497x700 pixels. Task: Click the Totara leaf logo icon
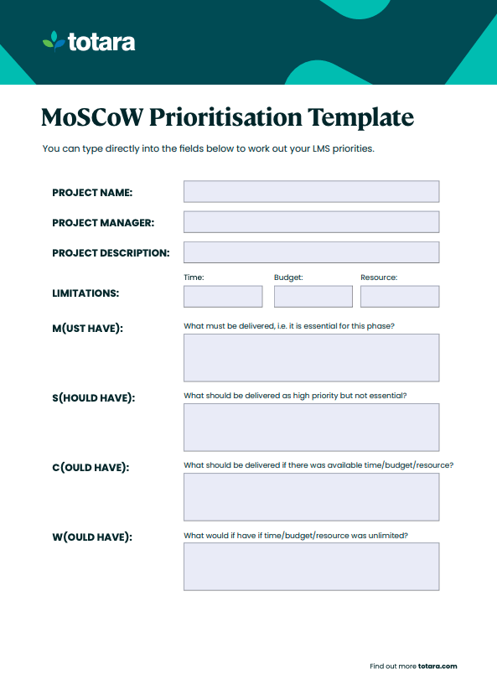tap(54, 41)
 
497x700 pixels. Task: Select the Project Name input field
tap(311, 192)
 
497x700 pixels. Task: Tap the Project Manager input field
tap(311, 222)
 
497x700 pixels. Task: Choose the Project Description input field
tap(311, 252)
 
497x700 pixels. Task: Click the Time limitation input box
tap(223, 297)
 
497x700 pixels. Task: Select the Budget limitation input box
tap(313, 297)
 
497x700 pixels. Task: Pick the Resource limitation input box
tap(399, 297)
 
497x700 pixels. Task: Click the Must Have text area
tap(311, 358)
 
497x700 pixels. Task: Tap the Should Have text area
tap(311, 428)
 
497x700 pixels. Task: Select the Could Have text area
tap(311, 497)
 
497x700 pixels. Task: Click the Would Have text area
tap(311, 567)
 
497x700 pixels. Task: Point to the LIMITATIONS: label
tap(85, 294)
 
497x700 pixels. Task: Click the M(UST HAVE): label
tap(87, 329)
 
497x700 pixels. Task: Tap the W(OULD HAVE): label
tap(91, 537)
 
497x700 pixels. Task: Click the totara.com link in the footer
tap(437, 666)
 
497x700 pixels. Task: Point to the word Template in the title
tap(360, 117)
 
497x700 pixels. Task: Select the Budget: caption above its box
tap(288, 277)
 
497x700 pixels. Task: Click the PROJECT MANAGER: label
tap(103, 223)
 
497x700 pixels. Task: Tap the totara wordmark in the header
tap(101, 42)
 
